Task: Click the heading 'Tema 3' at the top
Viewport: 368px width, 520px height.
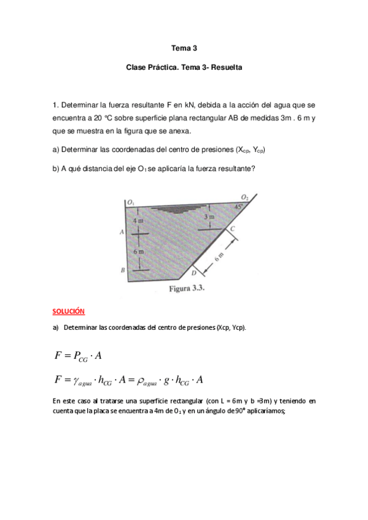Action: (184, 47)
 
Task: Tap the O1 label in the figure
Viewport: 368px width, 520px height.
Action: (130, 202)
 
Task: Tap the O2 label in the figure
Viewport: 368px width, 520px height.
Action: (244, 197)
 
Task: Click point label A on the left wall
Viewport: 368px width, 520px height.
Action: (123, 232)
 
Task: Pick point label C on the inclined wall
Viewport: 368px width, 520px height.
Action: (233, 228)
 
